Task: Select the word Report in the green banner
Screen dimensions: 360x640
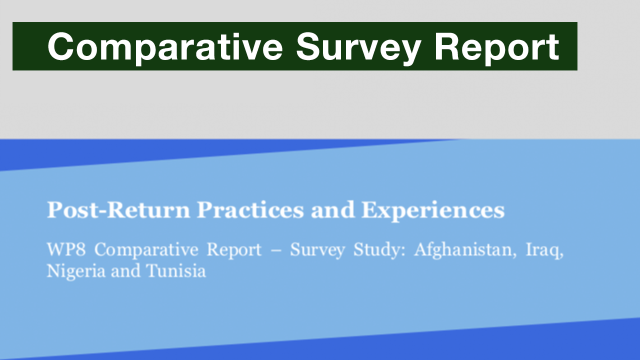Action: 496,46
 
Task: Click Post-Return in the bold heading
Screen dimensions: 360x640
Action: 118,210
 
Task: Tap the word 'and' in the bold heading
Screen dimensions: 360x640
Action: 332,210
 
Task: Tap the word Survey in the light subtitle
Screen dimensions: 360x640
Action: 317,249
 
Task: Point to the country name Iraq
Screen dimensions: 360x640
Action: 544,249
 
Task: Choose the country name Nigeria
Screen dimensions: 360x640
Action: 76,271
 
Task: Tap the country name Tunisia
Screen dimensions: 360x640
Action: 175,271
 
